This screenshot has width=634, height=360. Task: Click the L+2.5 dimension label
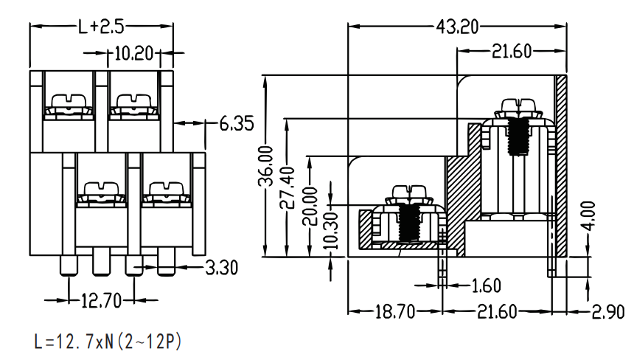(101, 27)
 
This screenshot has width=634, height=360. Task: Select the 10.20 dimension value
(134, 53)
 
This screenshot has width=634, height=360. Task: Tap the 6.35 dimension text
(237, 123)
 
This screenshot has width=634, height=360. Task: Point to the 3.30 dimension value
(222, 267)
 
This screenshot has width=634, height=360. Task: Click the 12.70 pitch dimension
(101, 300)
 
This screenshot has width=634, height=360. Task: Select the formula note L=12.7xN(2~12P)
(108, 342)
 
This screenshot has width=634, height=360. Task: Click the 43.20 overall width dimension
(457, 27)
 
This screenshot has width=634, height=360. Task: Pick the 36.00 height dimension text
(266, 166)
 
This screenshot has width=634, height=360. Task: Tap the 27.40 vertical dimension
(288, 187)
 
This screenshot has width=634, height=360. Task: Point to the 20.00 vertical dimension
(310, 206)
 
